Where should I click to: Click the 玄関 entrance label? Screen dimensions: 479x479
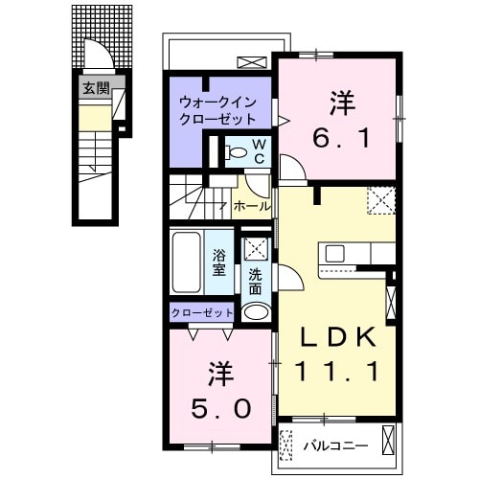click(x=94, y=89)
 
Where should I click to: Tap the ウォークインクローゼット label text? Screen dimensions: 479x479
click(x=217, y=111)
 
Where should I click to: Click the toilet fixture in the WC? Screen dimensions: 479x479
click(x=235, y=152)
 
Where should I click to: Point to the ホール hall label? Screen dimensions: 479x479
click(x=251, y=205)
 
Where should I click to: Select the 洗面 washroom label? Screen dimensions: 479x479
click(x=255, y=281)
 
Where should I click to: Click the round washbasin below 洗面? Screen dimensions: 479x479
click(x=255, y=312)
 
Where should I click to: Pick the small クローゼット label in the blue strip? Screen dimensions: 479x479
click(x=202, y=313)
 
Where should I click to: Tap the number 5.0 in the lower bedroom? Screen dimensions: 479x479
click(x=219, y=391)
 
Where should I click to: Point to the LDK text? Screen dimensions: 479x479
click(x=334, y=339)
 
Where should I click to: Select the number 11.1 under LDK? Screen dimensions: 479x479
click(x=334, y=371)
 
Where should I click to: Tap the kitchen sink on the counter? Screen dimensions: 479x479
click(x=335, y=254)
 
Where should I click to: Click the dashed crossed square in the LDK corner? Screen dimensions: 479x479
click(x=381, y=200)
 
